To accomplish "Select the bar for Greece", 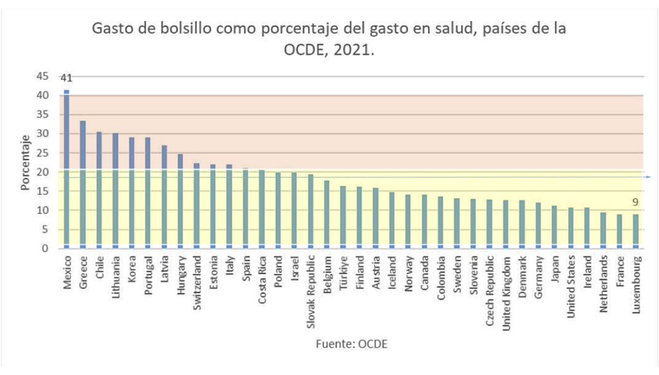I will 82,184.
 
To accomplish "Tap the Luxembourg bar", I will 635,231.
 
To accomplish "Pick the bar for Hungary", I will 180,201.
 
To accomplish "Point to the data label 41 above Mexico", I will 66,79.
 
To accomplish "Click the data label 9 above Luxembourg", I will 635,202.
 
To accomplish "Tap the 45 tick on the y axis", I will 42,76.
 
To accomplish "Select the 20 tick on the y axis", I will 42,172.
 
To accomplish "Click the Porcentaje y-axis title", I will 25,162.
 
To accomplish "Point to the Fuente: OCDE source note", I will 351,344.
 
